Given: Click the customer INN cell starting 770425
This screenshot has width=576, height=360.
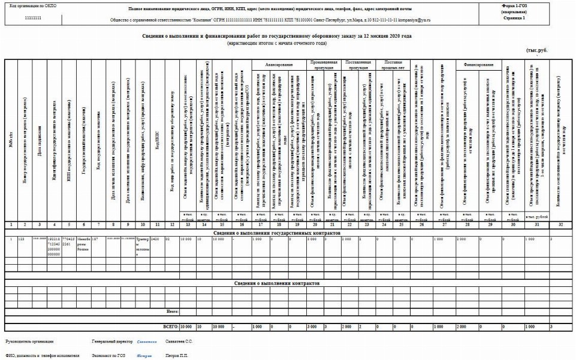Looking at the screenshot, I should pyautogui.click(x=69, y=241).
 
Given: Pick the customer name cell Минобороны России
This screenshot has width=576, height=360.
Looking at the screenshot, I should pyautogui.click(x=85, y=241).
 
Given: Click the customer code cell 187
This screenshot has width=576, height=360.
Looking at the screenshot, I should pyautogui.click(x=95, y=238).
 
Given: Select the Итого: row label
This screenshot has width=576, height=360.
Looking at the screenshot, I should pyautogui.click(x=171, y=311).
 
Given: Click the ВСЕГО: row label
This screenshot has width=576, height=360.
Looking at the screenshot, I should pyautogui.click(x=171, y=326).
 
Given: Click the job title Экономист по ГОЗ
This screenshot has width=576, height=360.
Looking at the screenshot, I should pyautogui.click(x=110, y=355).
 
